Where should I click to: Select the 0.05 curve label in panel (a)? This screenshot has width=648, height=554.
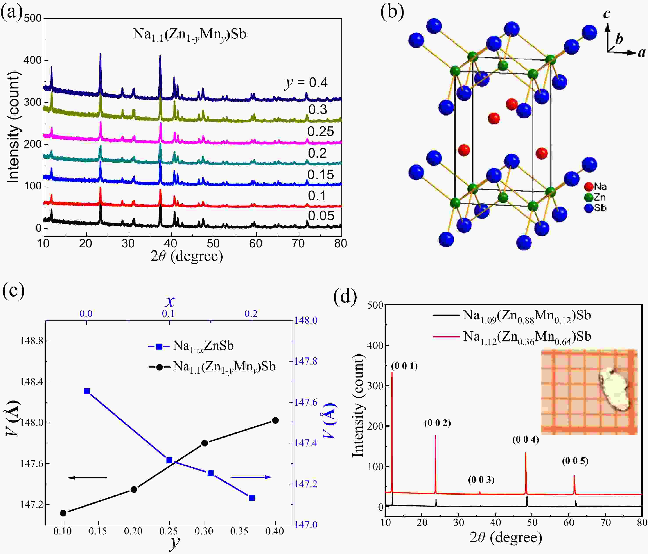point(321,216)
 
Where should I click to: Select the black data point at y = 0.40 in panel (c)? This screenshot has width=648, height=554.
point(275,420)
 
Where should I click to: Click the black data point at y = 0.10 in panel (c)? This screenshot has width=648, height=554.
point(63,513)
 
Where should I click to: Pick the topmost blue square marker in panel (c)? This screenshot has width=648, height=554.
point(87,391)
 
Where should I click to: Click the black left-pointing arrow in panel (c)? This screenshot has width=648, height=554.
point(88,477)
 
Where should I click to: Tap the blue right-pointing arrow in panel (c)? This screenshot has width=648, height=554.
point(251,477)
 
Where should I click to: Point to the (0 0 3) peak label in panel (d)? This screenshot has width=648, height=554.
point(481,480)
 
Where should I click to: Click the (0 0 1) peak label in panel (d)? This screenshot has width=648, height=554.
point(404,366)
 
